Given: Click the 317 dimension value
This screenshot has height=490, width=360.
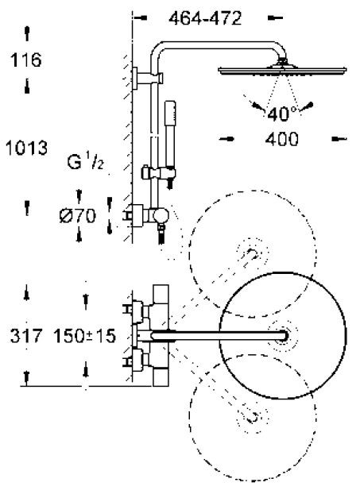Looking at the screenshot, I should click(x=27, y=336).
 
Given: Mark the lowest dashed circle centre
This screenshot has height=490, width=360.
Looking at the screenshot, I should click(x=253, y=415).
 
